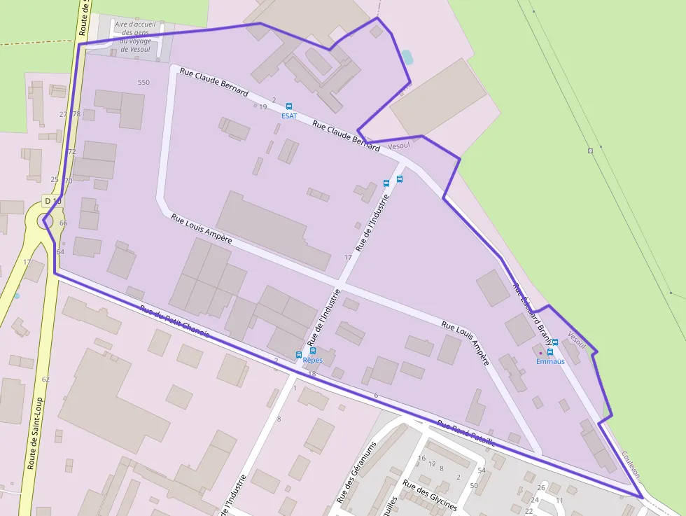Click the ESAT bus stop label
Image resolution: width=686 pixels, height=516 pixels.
click(289, 116)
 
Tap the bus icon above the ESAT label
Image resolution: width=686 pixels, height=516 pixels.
click(289, 106)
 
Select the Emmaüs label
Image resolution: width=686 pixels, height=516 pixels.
click(550, 361)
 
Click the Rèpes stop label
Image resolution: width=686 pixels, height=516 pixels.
click(312, 360)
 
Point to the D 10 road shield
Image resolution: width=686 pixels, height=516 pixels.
click(53, 202)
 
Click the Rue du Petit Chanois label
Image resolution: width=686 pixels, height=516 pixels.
click(174, 322)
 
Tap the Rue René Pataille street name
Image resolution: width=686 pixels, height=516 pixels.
click(466, 433)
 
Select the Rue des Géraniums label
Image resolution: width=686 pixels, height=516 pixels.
click(356, 473)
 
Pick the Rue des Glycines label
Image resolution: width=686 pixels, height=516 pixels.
click(430, 496)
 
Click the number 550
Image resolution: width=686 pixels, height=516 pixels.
click(143, 83)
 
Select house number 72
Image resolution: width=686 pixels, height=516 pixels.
click(71, 151)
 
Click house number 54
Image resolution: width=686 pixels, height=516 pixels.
click(482, 470)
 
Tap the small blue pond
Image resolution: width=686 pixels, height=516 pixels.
click(407, 57)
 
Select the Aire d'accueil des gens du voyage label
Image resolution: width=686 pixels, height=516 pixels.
click(134, 36)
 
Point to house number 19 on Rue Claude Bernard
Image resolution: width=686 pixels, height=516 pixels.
click(263, 106)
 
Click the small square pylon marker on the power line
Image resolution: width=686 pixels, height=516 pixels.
click(590, 150)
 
